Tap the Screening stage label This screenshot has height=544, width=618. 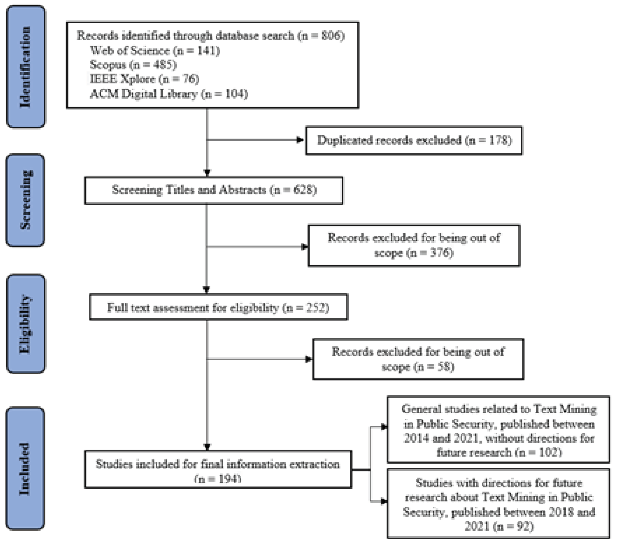[26, 200]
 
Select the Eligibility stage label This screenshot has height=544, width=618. [26, 324]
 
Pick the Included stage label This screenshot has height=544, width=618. [26, 468]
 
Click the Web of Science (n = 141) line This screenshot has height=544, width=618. [155, 51]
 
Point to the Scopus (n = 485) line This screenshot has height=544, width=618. [133, 65]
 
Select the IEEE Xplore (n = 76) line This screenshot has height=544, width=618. [145, 79]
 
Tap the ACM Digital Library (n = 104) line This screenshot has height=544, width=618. [169, 94]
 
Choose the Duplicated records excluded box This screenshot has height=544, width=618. [414, 140]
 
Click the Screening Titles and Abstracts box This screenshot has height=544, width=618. [214, 190]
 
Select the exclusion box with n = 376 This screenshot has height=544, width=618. [414, 245]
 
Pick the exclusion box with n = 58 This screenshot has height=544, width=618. [418, 359]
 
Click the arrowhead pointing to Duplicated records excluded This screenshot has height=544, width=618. [300, 140]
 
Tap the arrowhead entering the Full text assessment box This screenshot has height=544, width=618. [207, 290]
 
